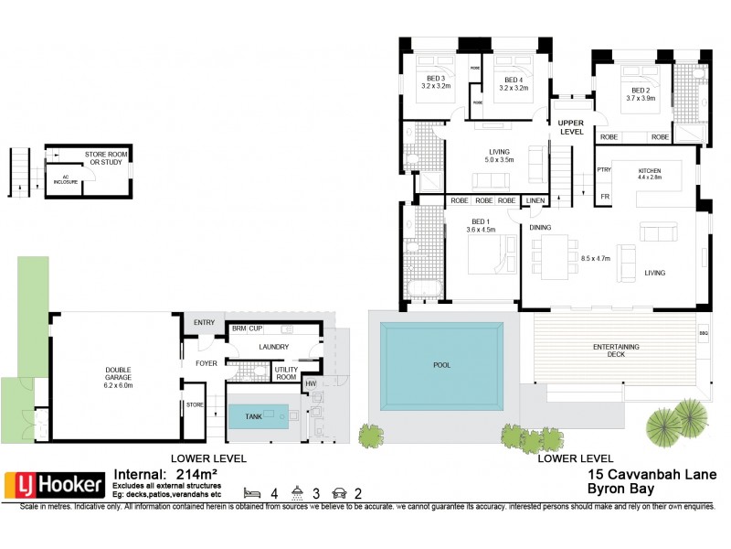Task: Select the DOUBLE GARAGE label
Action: (112, 374)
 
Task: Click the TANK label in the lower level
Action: (253, 415)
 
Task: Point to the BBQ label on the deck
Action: (703, 333)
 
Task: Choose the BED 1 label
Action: (481, 225)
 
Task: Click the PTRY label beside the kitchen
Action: (604, 169)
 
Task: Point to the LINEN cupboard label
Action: (535, 200)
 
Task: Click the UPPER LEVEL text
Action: (571, 127)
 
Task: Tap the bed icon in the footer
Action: (251, 493)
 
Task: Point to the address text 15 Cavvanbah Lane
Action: (652, 475)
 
